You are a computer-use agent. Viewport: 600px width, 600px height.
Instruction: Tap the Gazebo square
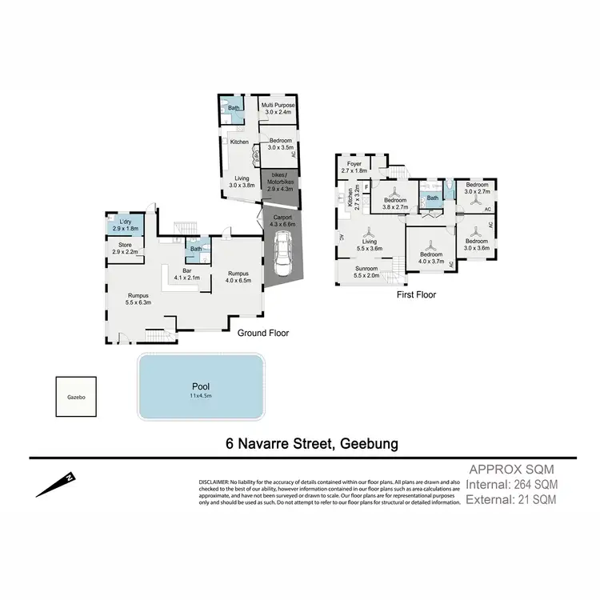point(76,397)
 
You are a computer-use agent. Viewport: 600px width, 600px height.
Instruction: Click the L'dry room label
point(125,225)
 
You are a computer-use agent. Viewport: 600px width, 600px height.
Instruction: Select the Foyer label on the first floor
point(354,166)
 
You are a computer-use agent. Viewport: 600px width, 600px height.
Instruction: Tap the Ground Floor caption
point(263,333)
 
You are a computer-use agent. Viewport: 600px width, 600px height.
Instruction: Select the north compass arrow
point(56,484)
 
